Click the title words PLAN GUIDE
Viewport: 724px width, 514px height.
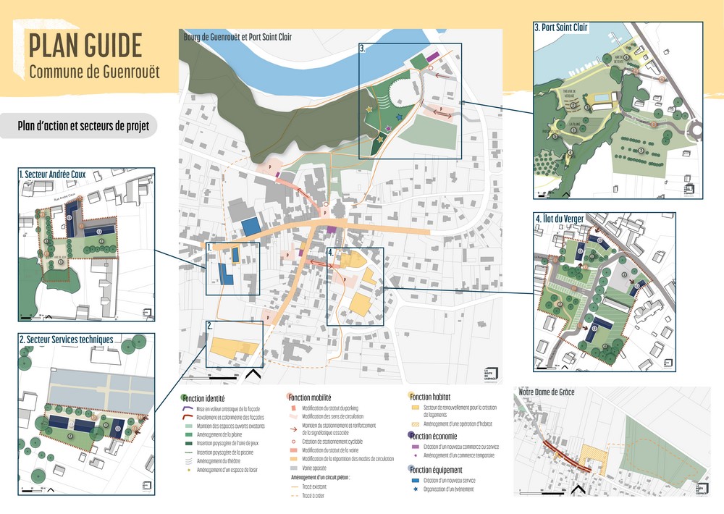pos(85,45)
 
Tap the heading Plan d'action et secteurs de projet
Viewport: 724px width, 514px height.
pos(83,125)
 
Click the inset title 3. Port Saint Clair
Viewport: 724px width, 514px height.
pos(561,28)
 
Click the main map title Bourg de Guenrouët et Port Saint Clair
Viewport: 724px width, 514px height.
pos(237,36)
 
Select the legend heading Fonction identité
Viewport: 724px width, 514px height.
pos(204,398)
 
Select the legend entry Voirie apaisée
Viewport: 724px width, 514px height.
pos(313,468)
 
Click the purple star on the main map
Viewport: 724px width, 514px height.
pos(389,130)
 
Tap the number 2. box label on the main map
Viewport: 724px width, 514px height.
pos(209,326)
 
